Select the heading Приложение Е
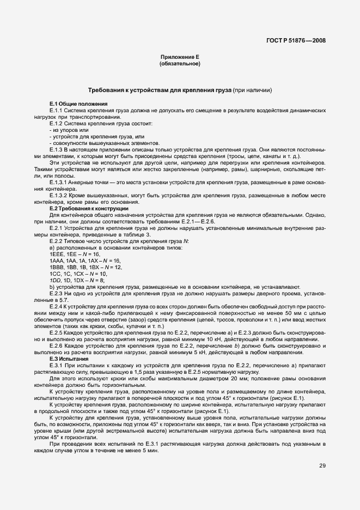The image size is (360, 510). click(180, 57)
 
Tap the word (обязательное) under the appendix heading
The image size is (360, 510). click(180, 64)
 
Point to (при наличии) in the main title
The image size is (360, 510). click(251, 90)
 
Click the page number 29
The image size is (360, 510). click(322, 466)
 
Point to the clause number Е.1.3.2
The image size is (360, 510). click(58, 195)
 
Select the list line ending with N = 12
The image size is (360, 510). click(86, 268)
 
